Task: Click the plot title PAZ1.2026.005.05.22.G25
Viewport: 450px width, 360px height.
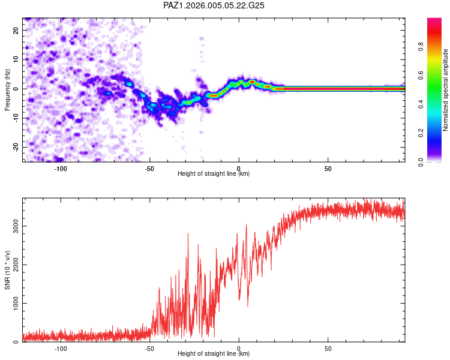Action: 214,5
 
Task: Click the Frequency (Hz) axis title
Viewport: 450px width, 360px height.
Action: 7,89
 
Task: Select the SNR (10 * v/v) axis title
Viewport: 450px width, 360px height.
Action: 7,270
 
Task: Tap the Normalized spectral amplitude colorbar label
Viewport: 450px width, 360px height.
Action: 446,90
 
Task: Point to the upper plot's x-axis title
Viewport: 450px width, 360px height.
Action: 214,173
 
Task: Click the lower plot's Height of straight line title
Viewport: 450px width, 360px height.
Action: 214,353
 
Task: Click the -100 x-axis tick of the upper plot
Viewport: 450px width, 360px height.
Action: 60,169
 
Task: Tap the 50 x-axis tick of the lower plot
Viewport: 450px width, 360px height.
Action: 328,349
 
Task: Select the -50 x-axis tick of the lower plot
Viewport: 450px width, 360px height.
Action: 149,349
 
